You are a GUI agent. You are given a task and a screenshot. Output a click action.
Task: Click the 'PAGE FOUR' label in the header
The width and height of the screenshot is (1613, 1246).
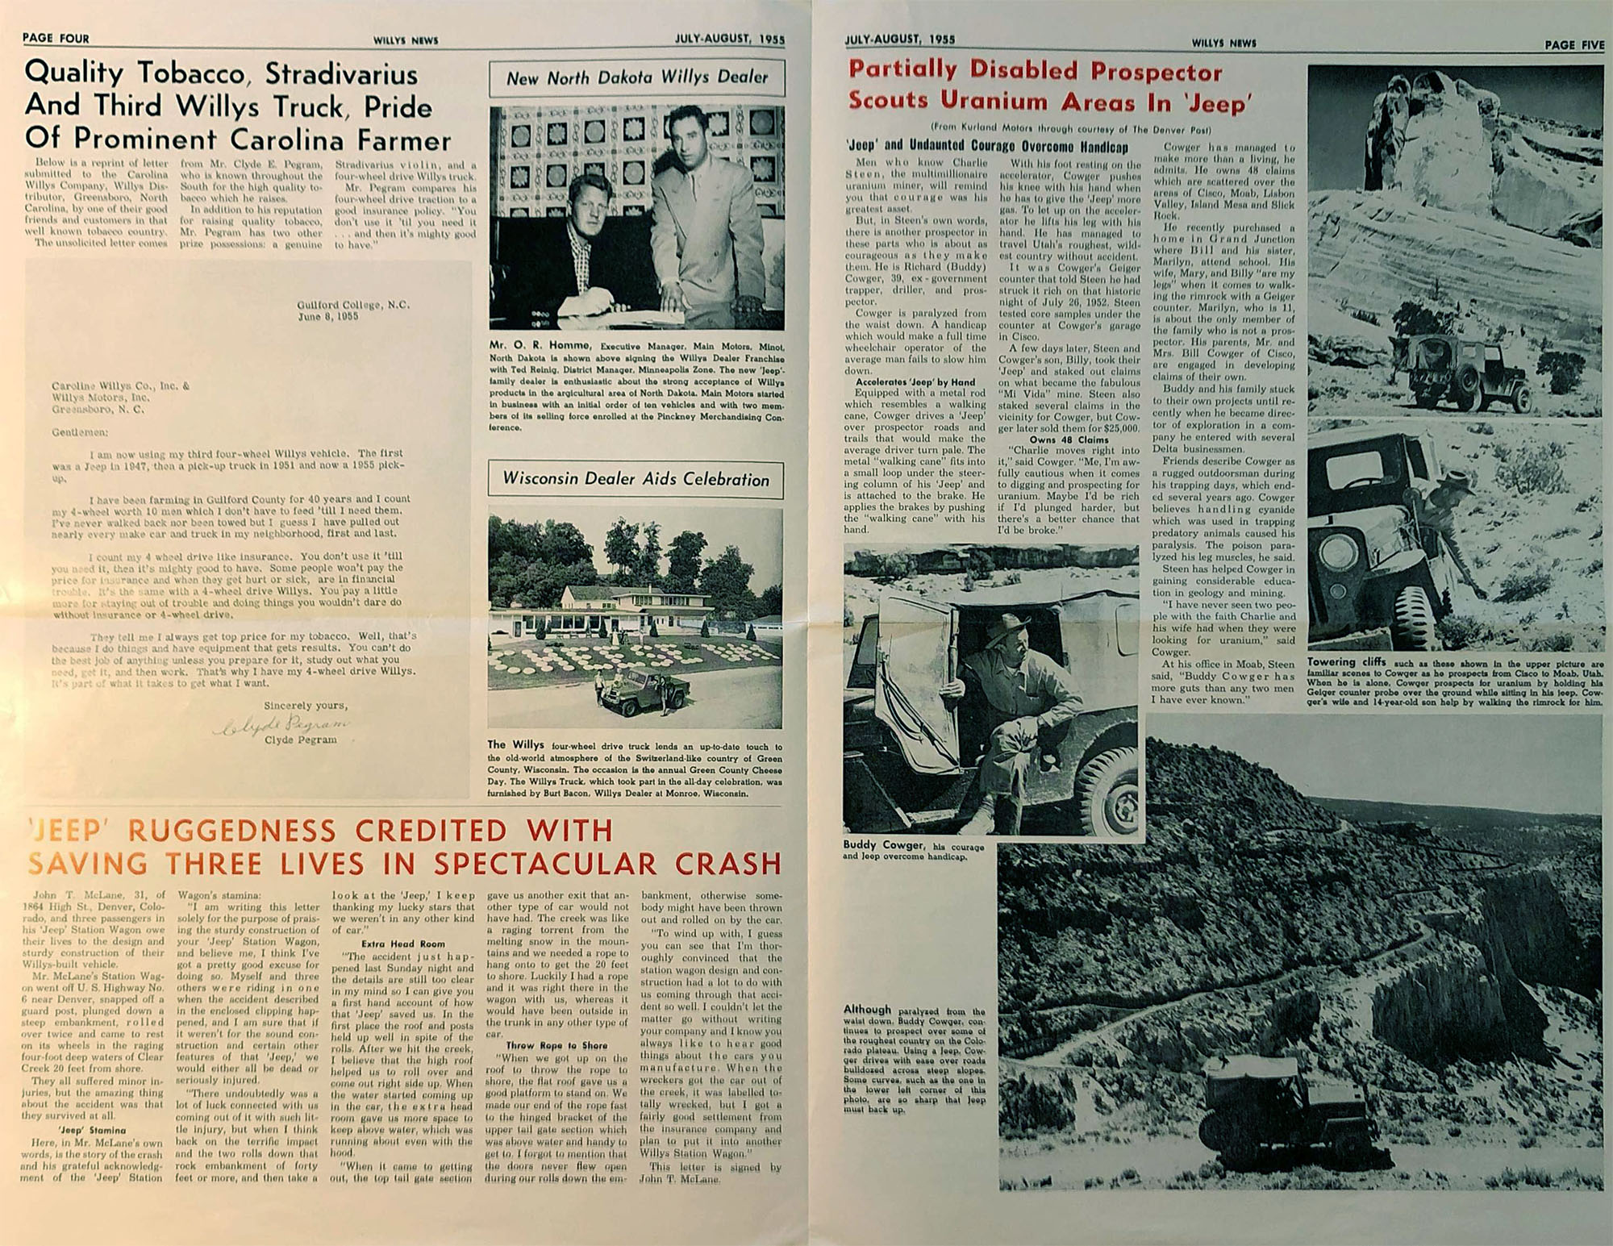[56, 38]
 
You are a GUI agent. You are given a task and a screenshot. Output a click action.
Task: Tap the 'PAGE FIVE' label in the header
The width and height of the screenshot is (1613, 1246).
[1573, 44]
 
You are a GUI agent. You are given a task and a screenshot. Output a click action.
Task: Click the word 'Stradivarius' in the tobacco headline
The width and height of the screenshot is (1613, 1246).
[341, 74]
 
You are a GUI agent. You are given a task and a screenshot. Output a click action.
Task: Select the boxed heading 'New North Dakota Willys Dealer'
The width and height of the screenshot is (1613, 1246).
[636, 77]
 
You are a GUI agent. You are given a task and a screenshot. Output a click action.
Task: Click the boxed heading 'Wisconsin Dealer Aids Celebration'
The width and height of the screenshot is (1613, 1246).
[636, 478]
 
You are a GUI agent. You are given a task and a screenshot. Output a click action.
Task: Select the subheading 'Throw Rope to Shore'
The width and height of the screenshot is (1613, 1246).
[556, 1045]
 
